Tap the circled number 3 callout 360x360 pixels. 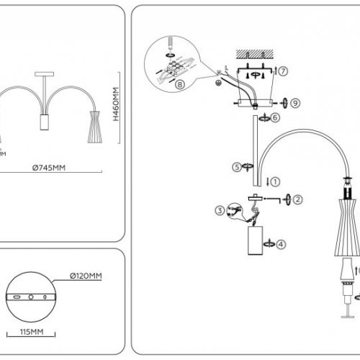point(219,210)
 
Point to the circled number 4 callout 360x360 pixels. point(281,244)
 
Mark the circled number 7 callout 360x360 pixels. point(284,71)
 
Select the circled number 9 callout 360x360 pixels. point(295,102)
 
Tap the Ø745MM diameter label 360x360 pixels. point(50,168)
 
